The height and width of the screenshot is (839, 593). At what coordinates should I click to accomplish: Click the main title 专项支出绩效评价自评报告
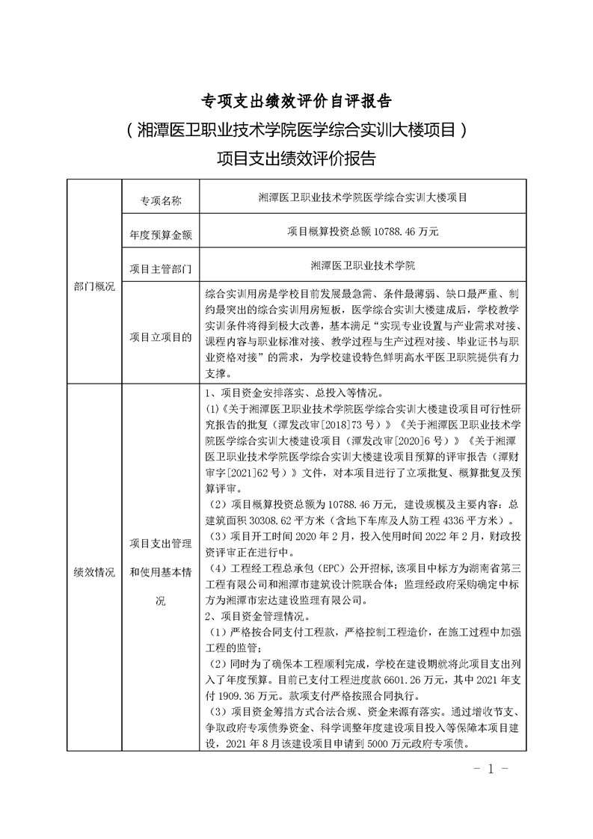click(x=297, y=101)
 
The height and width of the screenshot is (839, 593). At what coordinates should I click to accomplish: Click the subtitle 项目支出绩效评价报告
click(x=297, y=158)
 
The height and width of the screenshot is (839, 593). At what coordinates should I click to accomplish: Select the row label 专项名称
click(x=161, y=200)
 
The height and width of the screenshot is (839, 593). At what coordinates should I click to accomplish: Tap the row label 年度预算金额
click(x=161, y=233)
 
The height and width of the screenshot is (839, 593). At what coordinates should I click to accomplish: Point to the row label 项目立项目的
click(x=161, y=336)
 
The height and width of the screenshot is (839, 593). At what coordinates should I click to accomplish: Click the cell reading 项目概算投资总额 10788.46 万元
click(x=363, y=233)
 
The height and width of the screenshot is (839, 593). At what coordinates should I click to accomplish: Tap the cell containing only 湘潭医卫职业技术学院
click(x=363, y=266)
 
